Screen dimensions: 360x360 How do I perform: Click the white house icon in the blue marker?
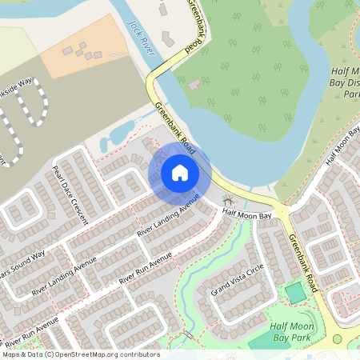click(179, 173)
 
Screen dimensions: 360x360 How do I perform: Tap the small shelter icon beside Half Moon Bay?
click(228, 201)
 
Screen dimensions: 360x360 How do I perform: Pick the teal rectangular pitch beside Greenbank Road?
click(296, 294)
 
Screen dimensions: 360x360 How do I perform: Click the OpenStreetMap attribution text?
click(80, 354)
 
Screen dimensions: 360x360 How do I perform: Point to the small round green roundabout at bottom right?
click(337, 339)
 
